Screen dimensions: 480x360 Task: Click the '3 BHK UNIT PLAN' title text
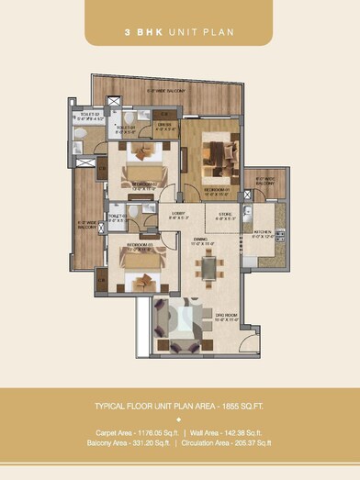[179, 32]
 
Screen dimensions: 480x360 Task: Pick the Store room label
[226, 216]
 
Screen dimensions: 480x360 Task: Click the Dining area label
[203, 242]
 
